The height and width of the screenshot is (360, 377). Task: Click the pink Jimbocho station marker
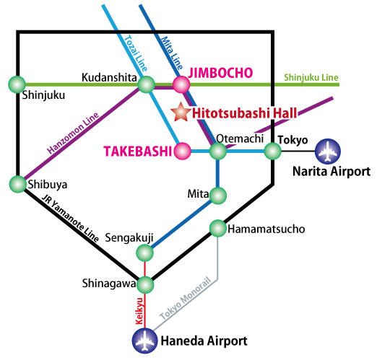[181, 84]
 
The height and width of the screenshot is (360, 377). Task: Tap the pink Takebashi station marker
[182, 151]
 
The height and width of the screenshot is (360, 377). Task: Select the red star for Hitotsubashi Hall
[181, 112]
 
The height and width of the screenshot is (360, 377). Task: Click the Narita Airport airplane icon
[328, 152]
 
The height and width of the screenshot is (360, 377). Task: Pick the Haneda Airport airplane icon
[144, 341]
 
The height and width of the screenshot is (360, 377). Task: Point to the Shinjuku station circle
[17, 84]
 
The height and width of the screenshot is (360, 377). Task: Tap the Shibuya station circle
[18, 184]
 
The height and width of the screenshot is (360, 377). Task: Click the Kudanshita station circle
[146, 84]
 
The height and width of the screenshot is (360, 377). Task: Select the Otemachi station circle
[218, 152]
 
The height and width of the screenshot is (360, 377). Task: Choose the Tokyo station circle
[273, 152]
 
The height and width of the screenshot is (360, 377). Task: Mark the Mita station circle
[218, 196]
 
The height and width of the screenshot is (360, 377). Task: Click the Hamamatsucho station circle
[218, 228]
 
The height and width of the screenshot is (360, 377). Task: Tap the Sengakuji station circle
[144, 253]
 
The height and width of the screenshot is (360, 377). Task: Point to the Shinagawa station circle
[145, 285]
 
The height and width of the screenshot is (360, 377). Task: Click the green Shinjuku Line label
[311, 77]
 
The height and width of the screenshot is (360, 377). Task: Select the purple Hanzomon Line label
[73, 133]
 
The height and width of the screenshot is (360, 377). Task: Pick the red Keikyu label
[139, 311]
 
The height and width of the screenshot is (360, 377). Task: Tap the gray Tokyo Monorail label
[185, 299]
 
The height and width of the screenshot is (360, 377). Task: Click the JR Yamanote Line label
[70, 219]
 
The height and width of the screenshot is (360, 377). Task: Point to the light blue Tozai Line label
[136, 53]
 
